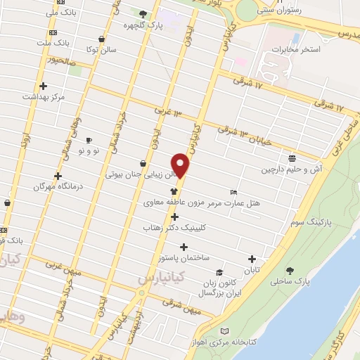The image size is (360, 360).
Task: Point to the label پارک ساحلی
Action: point(290,281)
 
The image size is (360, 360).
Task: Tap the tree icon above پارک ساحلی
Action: point(290,269)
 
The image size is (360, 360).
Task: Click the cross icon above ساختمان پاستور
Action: point(184,247)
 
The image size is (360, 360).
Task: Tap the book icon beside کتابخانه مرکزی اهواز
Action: point(224,331)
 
